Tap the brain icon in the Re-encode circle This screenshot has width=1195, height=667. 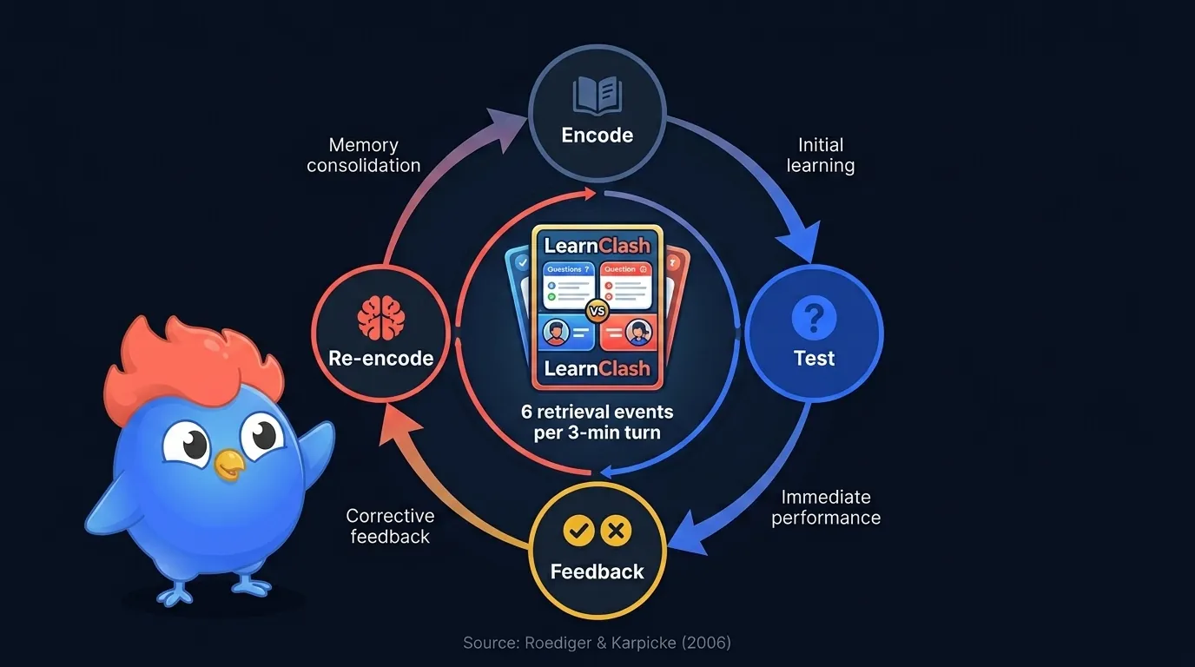point(380,319)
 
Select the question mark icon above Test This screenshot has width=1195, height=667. point(814,319)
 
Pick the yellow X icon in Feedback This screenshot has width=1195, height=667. point(617,531)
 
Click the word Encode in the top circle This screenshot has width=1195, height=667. point(597,135)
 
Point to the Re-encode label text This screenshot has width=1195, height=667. point(380,358)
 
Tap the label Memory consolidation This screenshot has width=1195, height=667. point(364,155)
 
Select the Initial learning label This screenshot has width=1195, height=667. point(821,155)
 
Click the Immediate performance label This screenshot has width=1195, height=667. point(826,507)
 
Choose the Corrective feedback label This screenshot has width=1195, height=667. point(390,525)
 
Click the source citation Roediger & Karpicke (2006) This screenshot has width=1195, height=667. point(597,643)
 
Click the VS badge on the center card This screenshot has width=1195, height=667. point(597,310)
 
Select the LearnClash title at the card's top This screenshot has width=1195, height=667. point(597,246)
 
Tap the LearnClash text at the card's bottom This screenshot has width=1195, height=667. point(597,368)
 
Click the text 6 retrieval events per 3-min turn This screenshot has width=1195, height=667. point(597,421)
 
